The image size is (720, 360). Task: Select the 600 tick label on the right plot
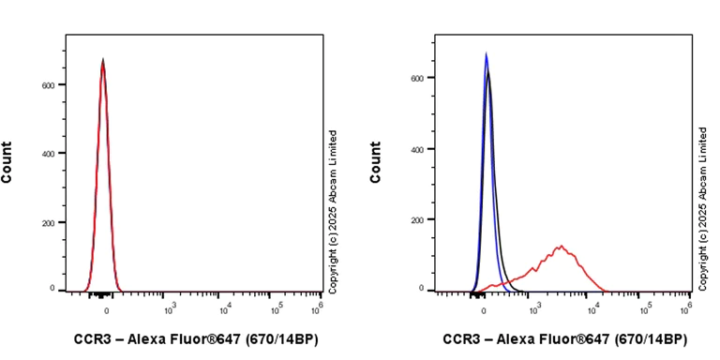[420, 78]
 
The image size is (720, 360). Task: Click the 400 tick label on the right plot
[420, 148]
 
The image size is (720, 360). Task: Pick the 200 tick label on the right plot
[420, 219]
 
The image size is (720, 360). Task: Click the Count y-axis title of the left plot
[7, 161]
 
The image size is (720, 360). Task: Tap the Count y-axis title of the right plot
[377, 161]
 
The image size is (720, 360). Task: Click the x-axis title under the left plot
[195, 338]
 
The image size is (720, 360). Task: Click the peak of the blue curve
[486, 54]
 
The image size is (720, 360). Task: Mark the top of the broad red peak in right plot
[561, 247]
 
